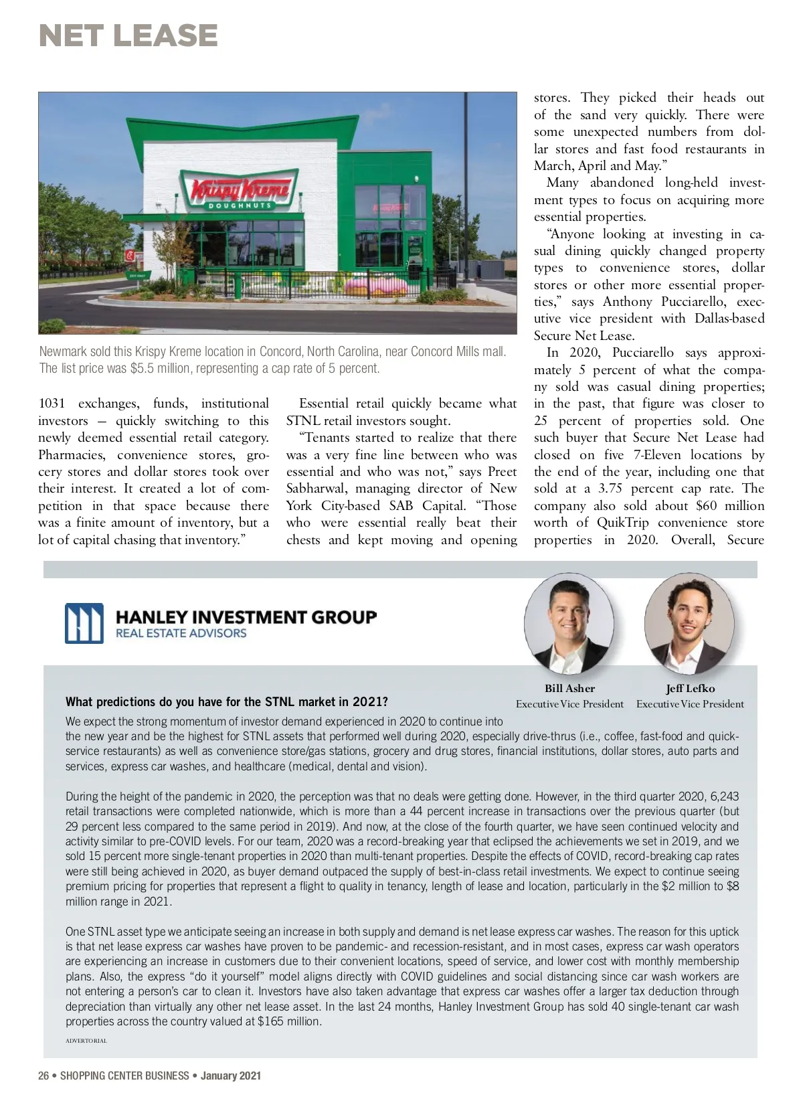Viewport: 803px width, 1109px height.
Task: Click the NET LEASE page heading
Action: tap(128, 35)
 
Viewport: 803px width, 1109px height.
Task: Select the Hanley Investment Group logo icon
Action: tap(84, 623)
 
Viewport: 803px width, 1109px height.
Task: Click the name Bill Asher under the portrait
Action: tap(569, 688)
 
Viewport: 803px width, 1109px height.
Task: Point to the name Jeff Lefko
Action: tap(690, 688)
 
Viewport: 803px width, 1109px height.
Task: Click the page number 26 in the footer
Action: tap(44, 1076)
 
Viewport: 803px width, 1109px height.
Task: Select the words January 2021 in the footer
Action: tap(231, 1076)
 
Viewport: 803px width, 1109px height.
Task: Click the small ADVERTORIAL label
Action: tap(86, 1041)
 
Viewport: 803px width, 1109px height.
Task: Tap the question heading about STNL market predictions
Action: tap(226, 702)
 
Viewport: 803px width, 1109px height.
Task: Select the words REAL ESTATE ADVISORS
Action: tap(181, 633)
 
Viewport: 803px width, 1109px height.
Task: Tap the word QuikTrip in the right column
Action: tap(624, 523)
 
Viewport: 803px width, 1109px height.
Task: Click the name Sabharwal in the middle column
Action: tap(317, 489)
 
